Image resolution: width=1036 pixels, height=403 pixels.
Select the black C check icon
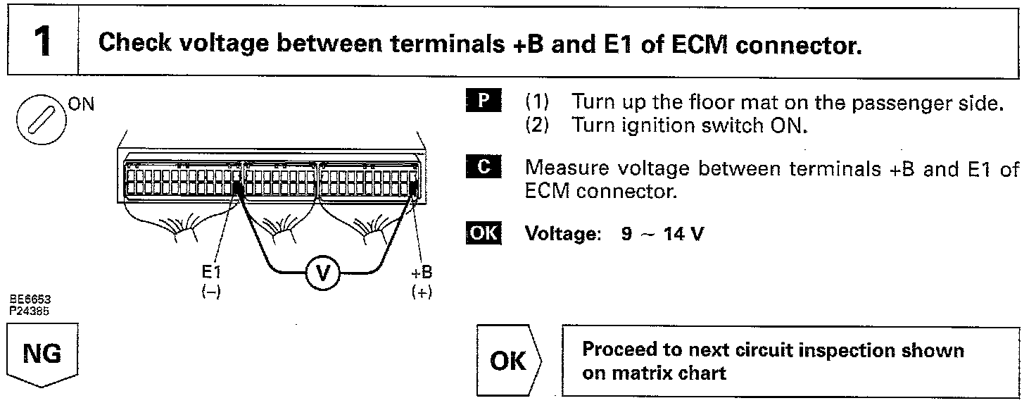click(x=483, y=169)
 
